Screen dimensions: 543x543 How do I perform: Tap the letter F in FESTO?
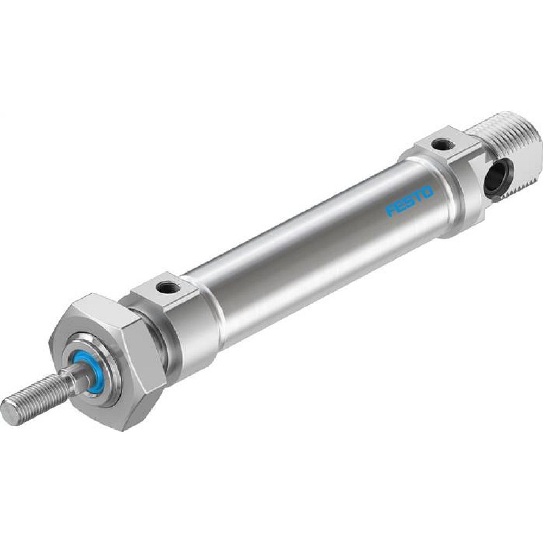click(390, 211)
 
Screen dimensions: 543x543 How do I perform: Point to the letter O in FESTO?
click(427, 192)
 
